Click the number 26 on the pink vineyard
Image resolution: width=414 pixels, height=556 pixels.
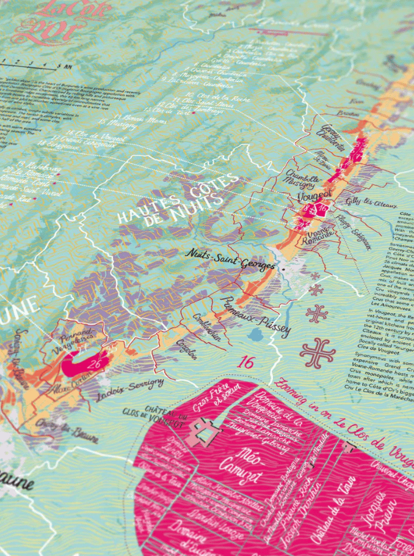click(x=94, y=365)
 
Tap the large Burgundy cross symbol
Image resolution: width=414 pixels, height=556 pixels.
click(x=318, y=353)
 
